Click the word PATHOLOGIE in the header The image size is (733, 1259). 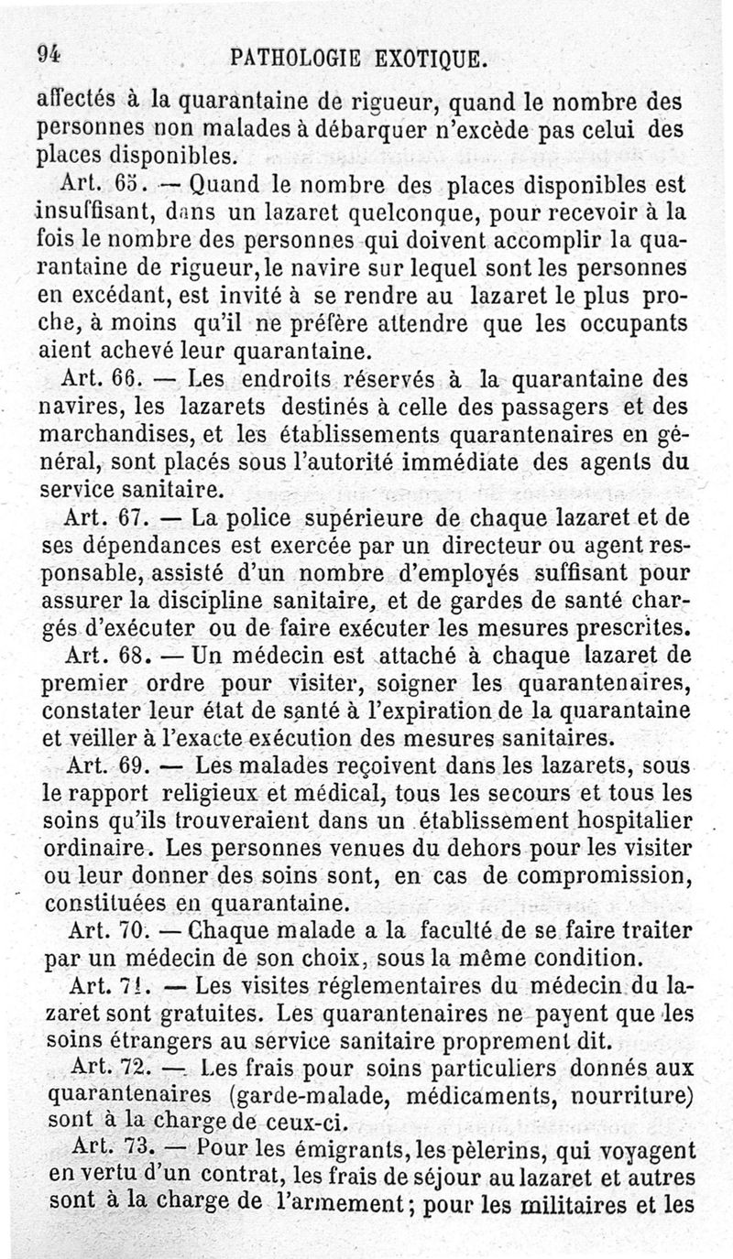pos(291,60)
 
